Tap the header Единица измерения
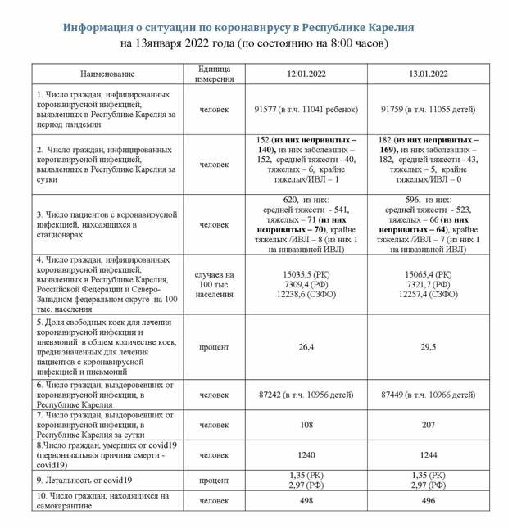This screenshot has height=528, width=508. point(215,74)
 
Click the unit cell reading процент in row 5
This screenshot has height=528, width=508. point(215,347)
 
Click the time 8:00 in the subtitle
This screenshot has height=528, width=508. point(342,43)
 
